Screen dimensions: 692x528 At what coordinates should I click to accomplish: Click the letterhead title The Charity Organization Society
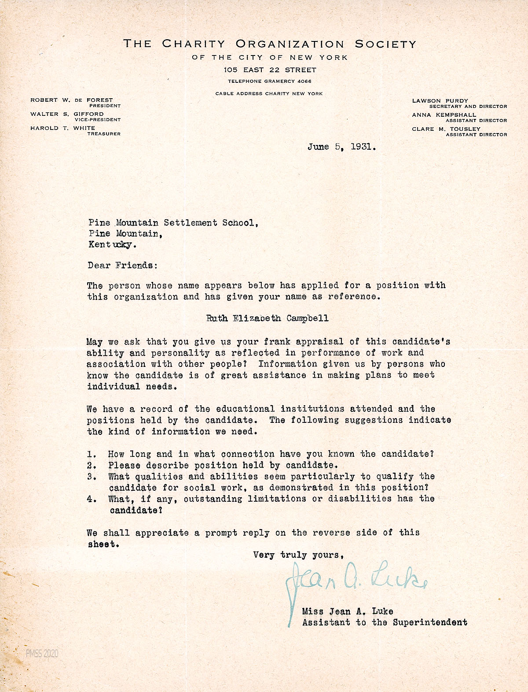[x=269, y=44]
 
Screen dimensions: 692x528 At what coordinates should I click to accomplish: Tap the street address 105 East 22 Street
[x=269, y=70]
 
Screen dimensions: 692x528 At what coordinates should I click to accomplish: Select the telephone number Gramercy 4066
[x=269, y=81]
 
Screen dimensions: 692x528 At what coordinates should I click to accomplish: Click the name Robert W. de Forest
[x=71, y=100]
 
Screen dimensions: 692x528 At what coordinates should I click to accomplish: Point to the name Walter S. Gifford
[x=67, y=114]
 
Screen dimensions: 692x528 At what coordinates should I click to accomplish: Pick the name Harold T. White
[x=62, y=128]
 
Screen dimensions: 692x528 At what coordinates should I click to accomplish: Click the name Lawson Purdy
[x=440, y=101]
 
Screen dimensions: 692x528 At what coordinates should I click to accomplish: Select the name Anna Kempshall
[x=444, y=115]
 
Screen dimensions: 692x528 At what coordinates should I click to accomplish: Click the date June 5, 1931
[x=341, y=147]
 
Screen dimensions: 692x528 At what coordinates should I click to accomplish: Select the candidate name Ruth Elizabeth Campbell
[x=268, y=318]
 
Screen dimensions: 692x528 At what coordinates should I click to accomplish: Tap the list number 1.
[x=92, y=454]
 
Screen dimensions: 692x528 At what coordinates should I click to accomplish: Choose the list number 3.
[x=92, y=477]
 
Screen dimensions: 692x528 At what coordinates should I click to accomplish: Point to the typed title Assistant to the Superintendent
[x=385, y=622]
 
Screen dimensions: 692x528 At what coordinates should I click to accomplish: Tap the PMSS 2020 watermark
[x=42, y=654]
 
